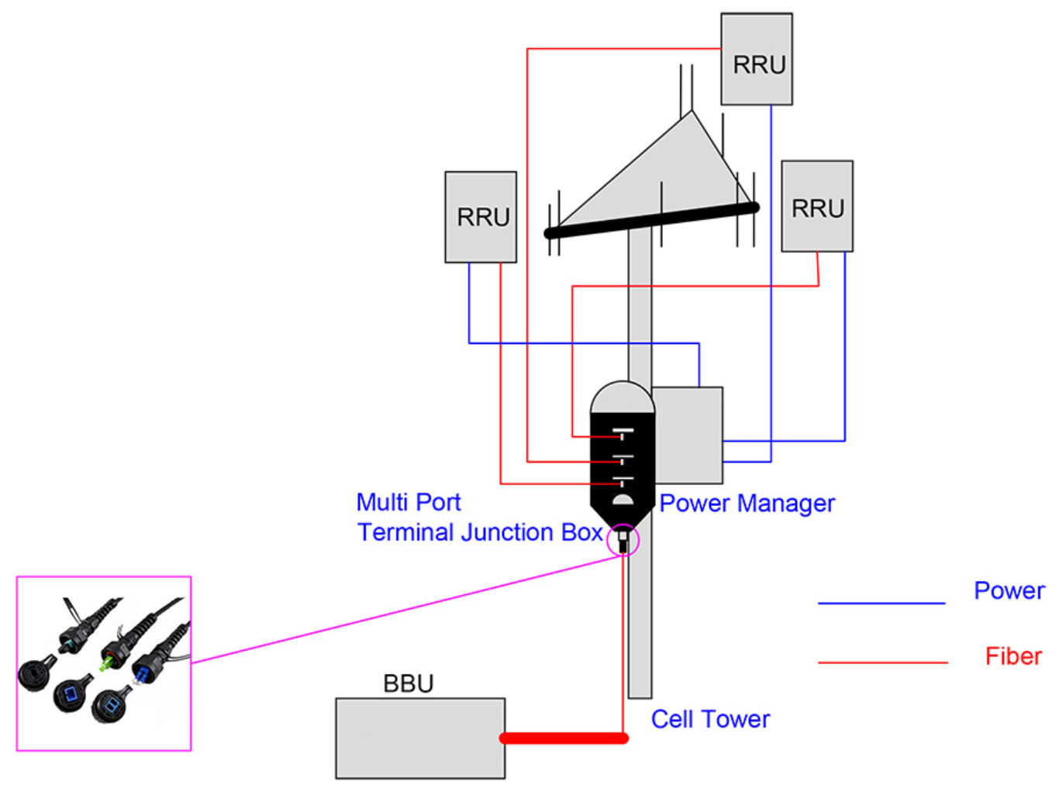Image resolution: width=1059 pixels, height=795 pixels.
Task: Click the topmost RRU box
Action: tap(756, 59)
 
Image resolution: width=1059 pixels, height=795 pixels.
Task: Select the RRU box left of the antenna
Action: tap(480, 217)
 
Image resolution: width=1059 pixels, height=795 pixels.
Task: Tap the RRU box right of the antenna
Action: tap(816, 206)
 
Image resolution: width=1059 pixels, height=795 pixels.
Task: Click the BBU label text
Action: tap(408, 683)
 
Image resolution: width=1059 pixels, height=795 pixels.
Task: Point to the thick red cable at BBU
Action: tap(564, 738)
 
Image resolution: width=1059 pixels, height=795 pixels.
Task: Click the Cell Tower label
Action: tap(709, 719)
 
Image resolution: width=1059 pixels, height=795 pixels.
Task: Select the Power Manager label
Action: tap(747, 504)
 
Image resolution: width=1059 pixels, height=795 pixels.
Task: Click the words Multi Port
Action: tap(408, 502)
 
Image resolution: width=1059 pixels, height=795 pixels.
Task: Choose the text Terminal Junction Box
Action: tap(479, 532)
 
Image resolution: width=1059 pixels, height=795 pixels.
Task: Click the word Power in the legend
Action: tap(1009, 590)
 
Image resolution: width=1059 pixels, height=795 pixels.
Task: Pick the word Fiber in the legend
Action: tap(1012, 656)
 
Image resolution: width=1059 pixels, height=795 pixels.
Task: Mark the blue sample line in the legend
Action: tap(881, 602)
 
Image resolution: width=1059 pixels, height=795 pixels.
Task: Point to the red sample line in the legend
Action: tap(882, 662)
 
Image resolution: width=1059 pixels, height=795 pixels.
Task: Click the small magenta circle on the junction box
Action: tap(623, 539)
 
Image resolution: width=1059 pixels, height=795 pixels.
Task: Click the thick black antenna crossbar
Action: tap(651, 220)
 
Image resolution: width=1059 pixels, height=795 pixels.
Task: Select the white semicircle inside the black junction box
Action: tap(622, 500)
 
